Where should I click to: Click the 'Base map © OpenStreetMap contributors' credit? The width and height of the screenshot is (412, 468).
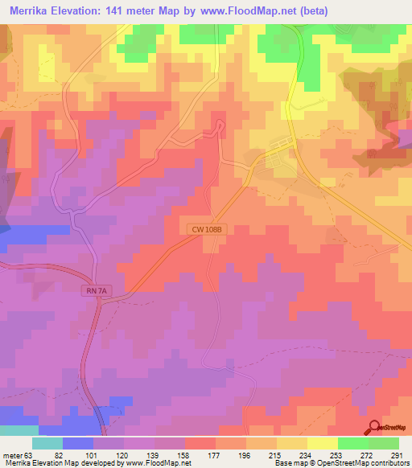340,463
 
